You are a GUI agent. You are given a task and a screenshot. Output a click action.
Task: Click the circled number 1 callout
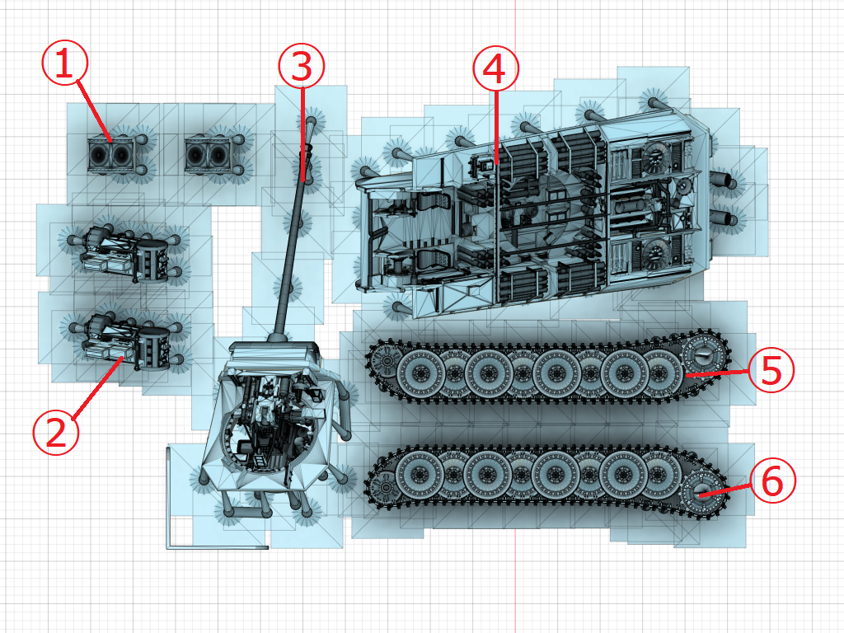click(64, 64)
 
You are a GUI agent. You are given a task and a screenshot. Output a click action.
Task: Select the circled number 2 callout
click(56, 432)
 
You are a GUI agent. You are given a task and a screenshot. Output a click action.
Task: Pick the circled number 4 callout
click(495, 68)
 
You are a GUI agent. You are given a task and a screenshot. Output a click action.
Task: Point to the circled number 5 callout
click(771, 370)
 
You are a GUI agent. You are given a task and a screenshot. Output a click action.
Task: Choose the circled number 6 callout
click(772, 481)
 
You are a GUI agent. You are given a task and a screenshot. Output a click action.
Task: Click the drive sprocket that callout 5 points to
click(704, 356)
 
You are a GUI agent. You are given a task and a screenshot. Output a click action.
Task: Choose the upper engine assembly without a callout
click(125, 255)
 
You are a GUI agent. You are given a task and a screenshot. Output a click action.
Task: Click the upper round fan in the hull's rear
click(654, 157)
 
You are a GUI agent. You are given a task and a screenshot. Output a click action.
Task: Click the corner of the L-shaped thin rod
click(168, 547)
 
